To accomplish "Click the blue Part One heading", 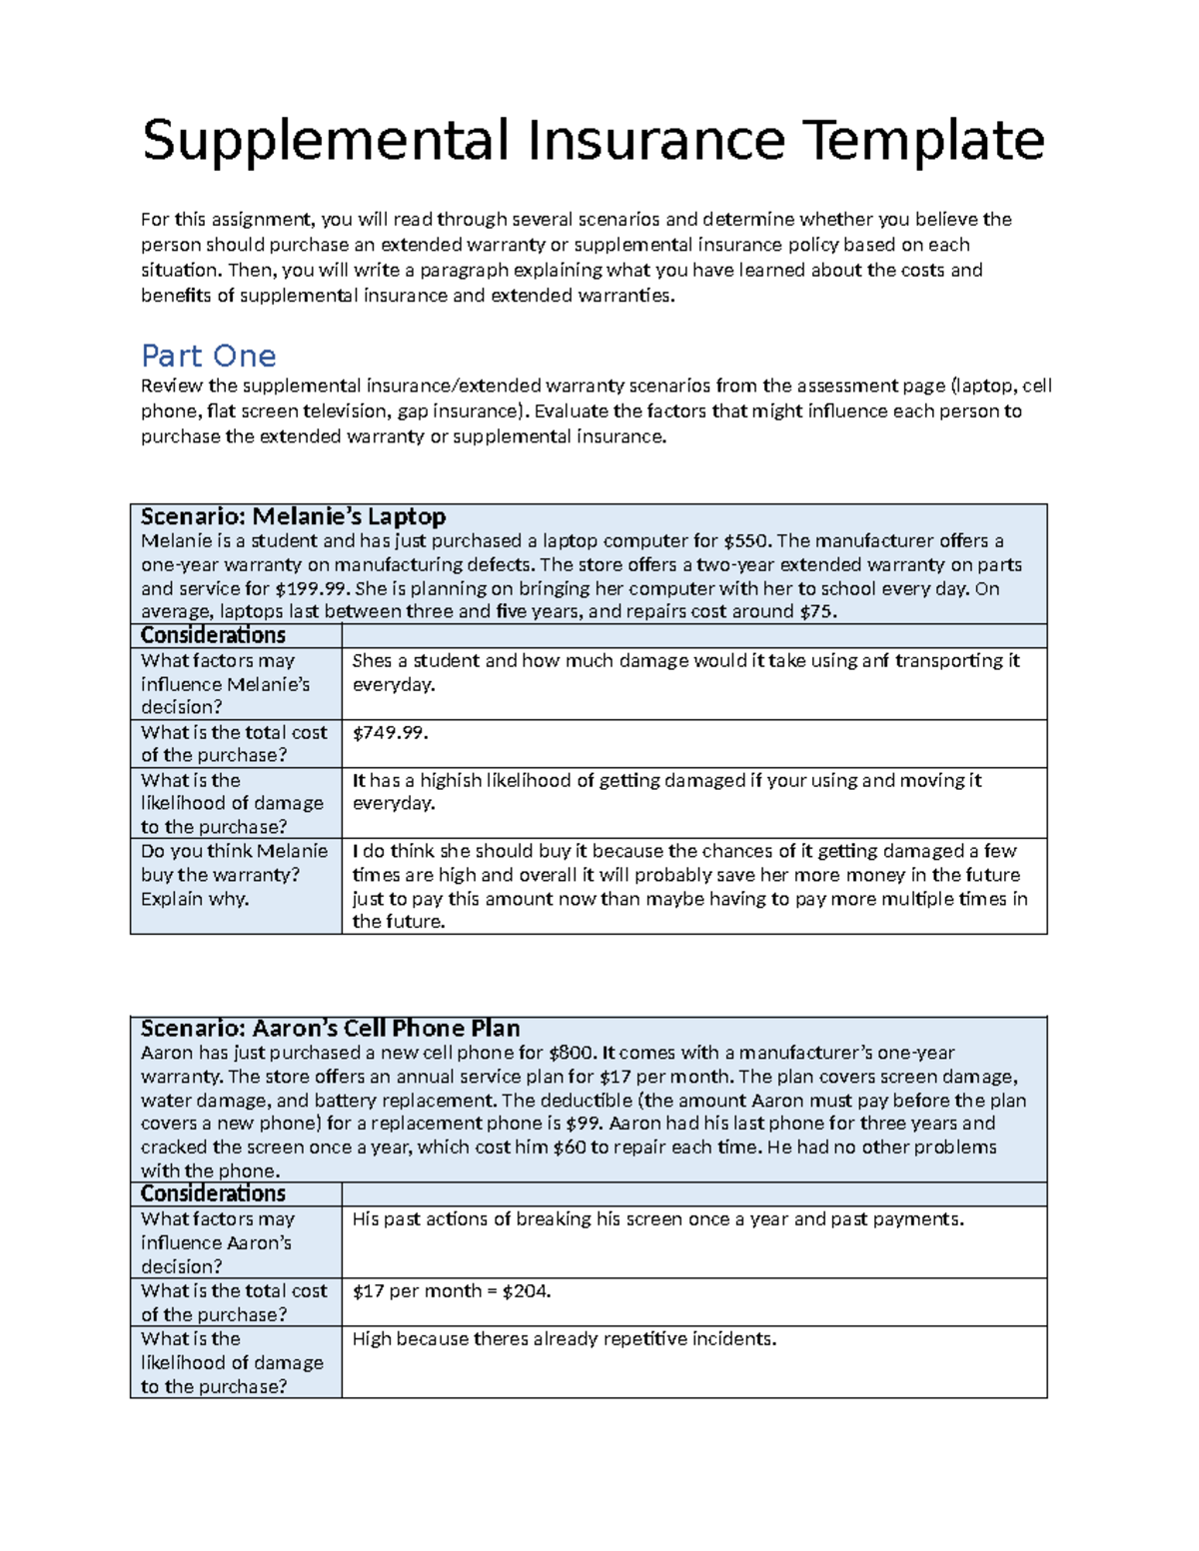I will (x=208, y=356).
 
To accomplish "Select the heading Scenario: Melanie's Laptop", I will (x=293, y=516).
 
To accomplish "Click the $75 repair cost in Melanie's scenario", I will (x=816, y=612).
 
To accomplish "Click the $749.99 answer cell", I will (x=390, y=733).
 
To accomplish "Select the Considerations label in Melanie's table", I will (x=213, y=636).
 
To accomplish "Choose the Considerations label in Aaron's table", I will (x=213, y=1194).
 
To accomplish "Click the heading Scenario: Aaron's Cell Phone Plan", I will (x=330, y=1029).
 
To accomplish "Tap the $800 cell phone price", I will (x=572, y=1053).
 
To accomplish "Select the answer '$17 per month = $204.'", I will (x=452, y=1291).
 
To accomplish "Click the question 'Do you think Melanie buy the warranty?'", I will (x=235, y=875).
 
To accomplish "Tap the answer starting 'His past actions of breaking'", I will (x=657, y=1219).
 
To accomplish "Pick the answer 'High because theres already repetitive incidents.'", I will (x=564, y=1339).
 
